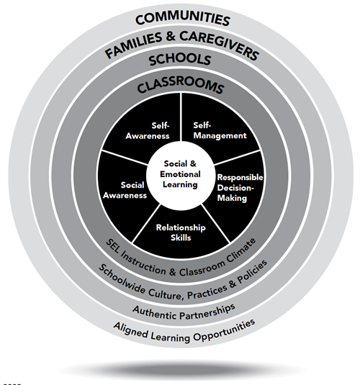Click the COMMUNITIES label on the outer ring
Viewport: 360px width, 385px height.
tap(183, 19)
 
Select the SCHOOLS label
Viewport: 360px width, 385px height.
tap(180, 60)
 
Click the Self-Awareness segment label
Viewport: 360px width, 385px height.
tap(148, 131)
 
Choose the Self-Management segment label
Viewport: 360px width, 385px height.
tap(220, 130)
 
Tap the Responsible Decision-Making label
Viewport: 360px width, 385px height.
tap(240, 188)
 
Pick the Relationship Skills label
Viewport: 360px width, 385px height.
tap(181, 232)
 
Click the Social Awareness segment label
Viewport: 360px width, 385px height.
tap(125, 190)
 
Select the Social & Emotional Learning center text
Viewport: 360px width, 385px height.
tap(180, 174)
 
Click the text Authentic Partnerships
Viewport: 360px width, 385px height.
tap(184, 312)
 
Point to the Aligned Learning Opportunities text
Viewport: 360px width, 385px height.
tap(184, 332)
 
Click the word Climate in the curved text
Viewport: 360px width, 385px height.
tap(241, 252)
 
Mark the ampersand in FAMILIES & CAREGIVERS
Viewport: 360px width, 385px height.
tap(171, 36)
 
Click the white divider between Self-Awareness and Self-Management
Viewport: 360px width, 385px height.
tap(181, 117)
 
